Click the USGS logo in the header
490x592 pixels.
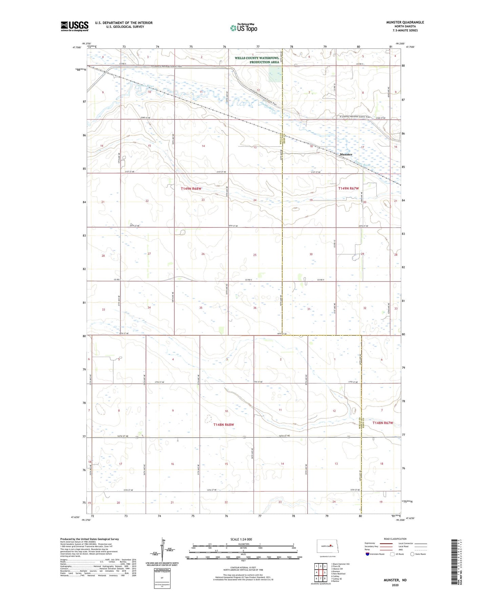click(75, 26)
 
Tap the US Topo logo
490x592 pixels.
click(243, 28)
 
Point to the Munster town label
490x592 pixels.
click(346, 154)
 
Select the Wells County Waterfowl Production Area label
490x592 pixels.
click(257, 60)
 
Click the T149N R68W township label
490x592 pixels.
click(191, 189)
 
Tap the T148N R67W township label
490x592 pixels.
click(383, 423)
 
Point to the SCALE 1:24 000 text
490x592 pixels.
click(241, 539)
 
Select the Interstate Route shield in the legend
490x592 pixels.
click(368, 554)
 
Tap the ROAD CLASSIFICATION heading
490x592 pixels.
click(395, 539)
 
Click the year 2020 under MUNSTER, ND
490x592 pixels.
click(395, 585)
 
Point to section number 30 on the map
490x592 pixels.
click(311, 254)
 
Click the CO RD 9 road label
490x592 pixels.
click(321, 280)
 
